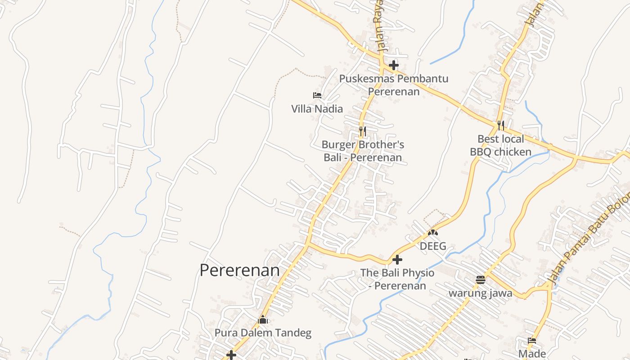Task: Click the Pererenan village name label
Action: (x=239, y=270)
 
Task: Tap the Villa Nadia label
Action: (x=317, y=109)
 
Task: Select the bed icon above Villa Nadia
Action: (x=317, y=95)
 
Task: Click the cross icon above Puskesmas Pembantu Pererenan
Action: (x=394, y=65)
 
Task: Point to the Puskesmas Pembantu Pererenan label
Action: (x=394, y=85)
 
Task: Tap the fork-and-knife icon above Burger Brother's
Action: (x=362, y=131)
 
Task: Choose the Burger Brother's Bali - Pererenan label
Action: (x=363, y=151)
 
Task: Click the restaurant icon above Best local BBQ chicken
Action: (x=500, y=125)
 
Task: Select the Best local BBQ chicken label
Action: (x=500, y=145)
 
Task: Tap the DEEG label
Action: (x=433, y=246)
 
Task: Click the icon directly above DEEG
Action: (x=433, y=233)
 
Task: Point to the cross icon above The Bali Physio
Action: (x=397, y=260)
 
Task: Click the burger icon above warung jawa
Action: (x=481, y=280)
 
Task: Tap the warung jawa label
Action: (x=481, y=293)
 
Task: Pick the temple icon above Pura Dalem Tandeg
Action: (x=263, y=320)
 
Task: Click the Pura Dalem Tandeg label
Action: (x=263, y=333)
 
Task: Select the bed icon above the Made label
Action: (x=532, y=341)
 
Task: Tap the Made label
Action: (x=532, y=354)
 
